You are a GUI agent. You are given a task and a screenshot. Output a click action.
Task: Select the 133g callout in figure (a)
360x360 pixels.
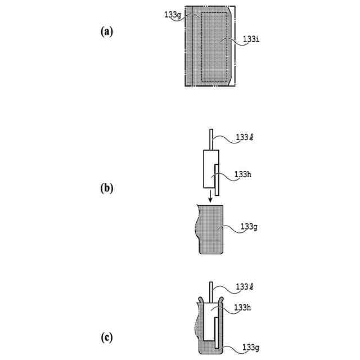(172, 15)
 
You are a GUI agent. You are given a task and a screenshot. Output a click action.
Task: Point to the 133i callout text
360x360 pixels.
(251, 40)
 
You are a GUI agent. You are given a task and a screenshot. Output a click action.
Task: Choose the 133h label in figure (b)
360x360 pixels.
(242, 174)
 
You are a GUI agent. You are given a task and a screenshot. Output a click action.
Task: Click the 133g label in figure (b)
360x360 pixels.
(249, 227)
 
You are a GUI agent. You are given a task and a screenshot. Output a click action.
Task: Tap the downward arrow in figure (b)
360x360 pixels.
(210, 197)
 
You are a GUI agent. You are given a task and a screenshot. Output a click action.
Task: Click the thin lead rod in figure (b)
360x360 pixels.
(210, 140)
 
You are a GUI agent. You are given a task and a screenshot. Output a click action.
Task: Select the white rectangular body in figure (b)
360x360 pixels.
(208, 169)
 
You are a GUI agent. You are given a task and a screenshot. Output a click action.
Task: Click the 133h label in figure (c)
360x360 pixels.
(242, 307)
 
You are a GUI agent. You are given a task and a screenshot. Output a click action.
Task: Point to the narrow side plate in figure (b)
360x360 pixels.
(217, 179)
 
